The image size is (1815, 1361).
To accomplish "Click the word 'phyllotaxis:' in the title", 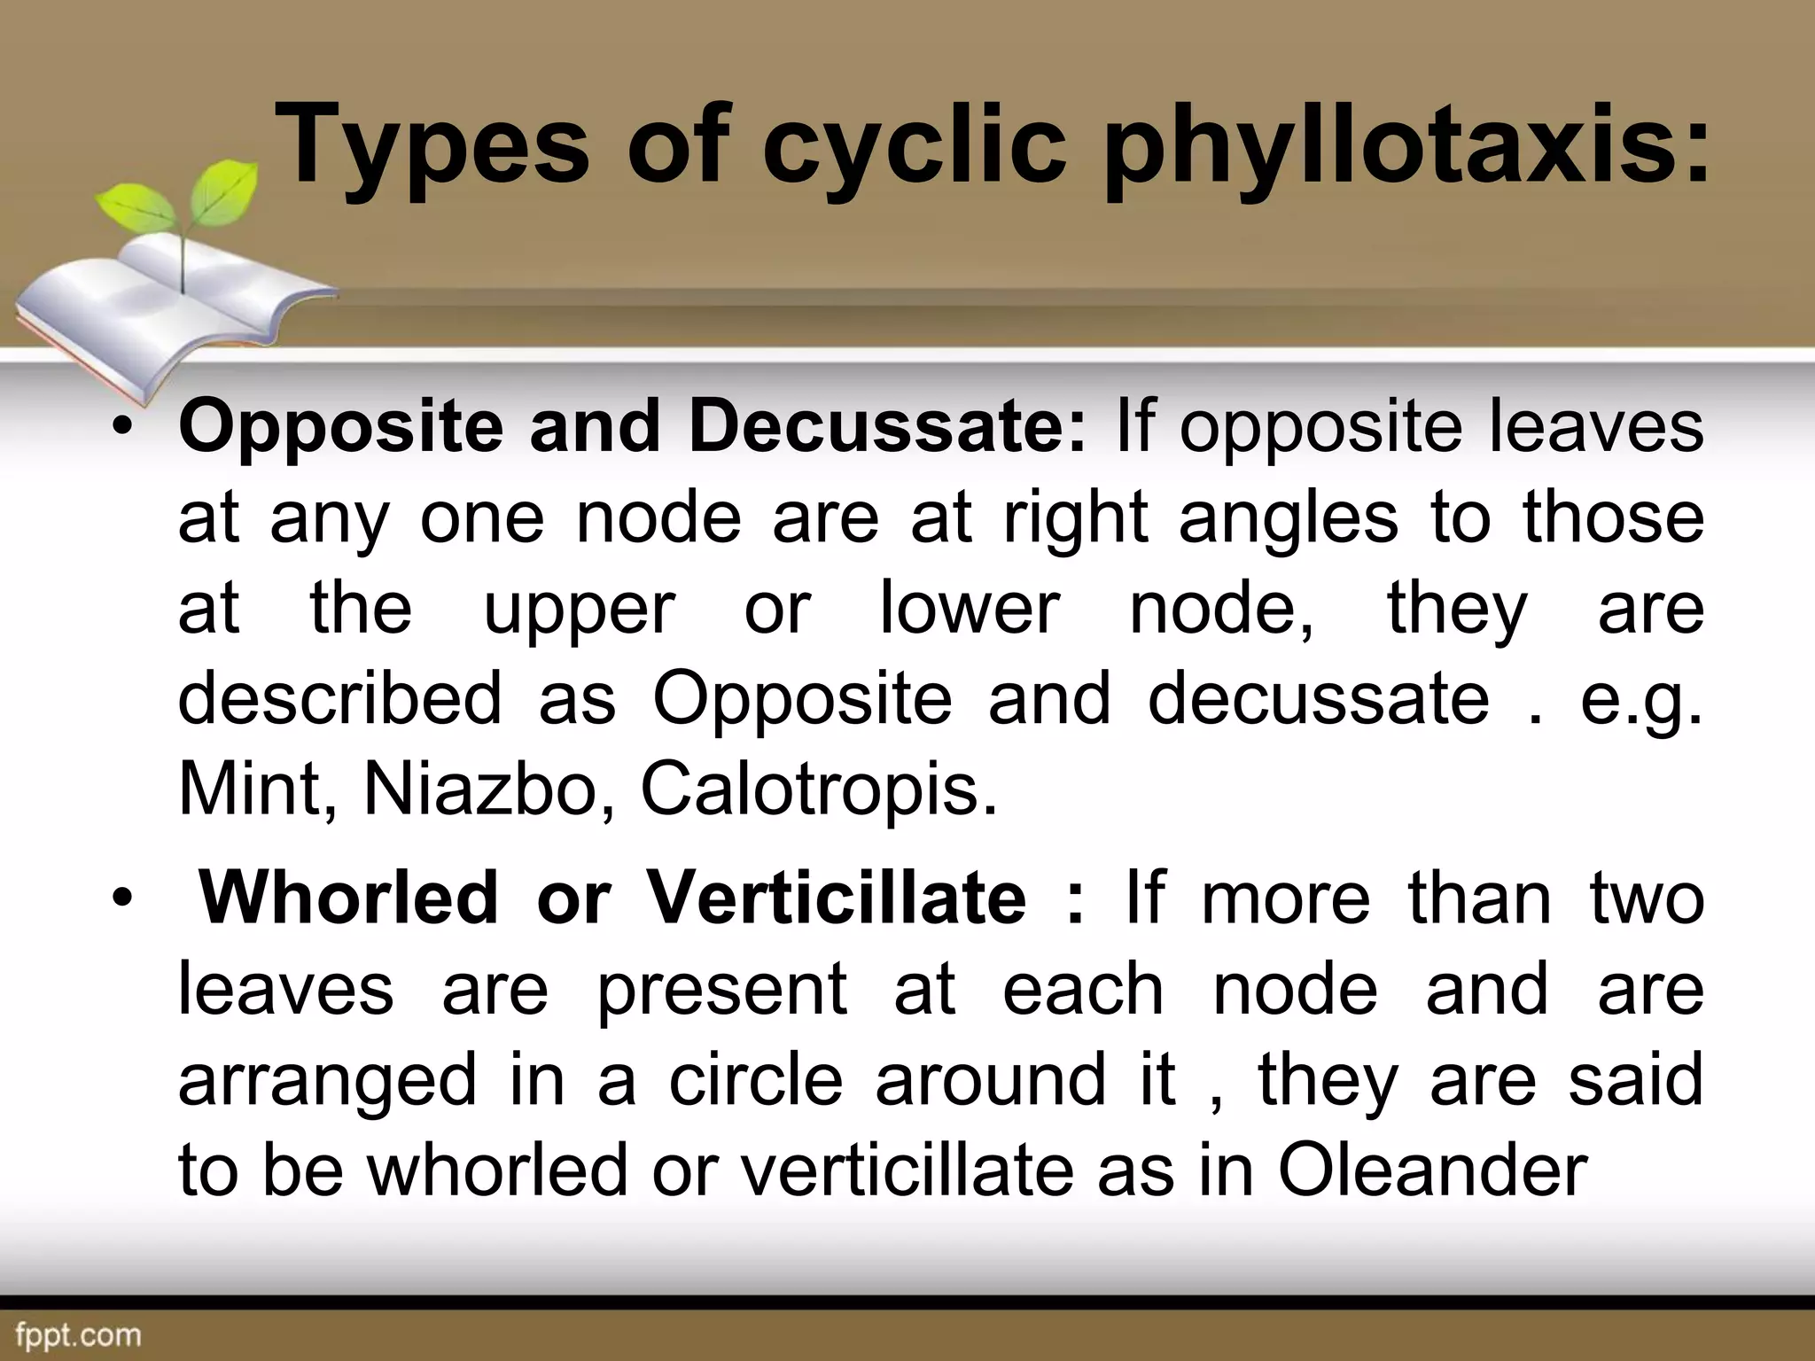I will tap(1408, 146).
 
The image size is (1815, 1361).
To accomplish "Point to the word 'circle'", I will tap(755, 1080).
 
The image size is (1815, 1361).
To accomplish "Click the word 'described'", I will tap(340, 697).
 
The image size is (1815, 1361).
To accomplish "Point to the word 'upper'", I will tap(580, 610).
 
